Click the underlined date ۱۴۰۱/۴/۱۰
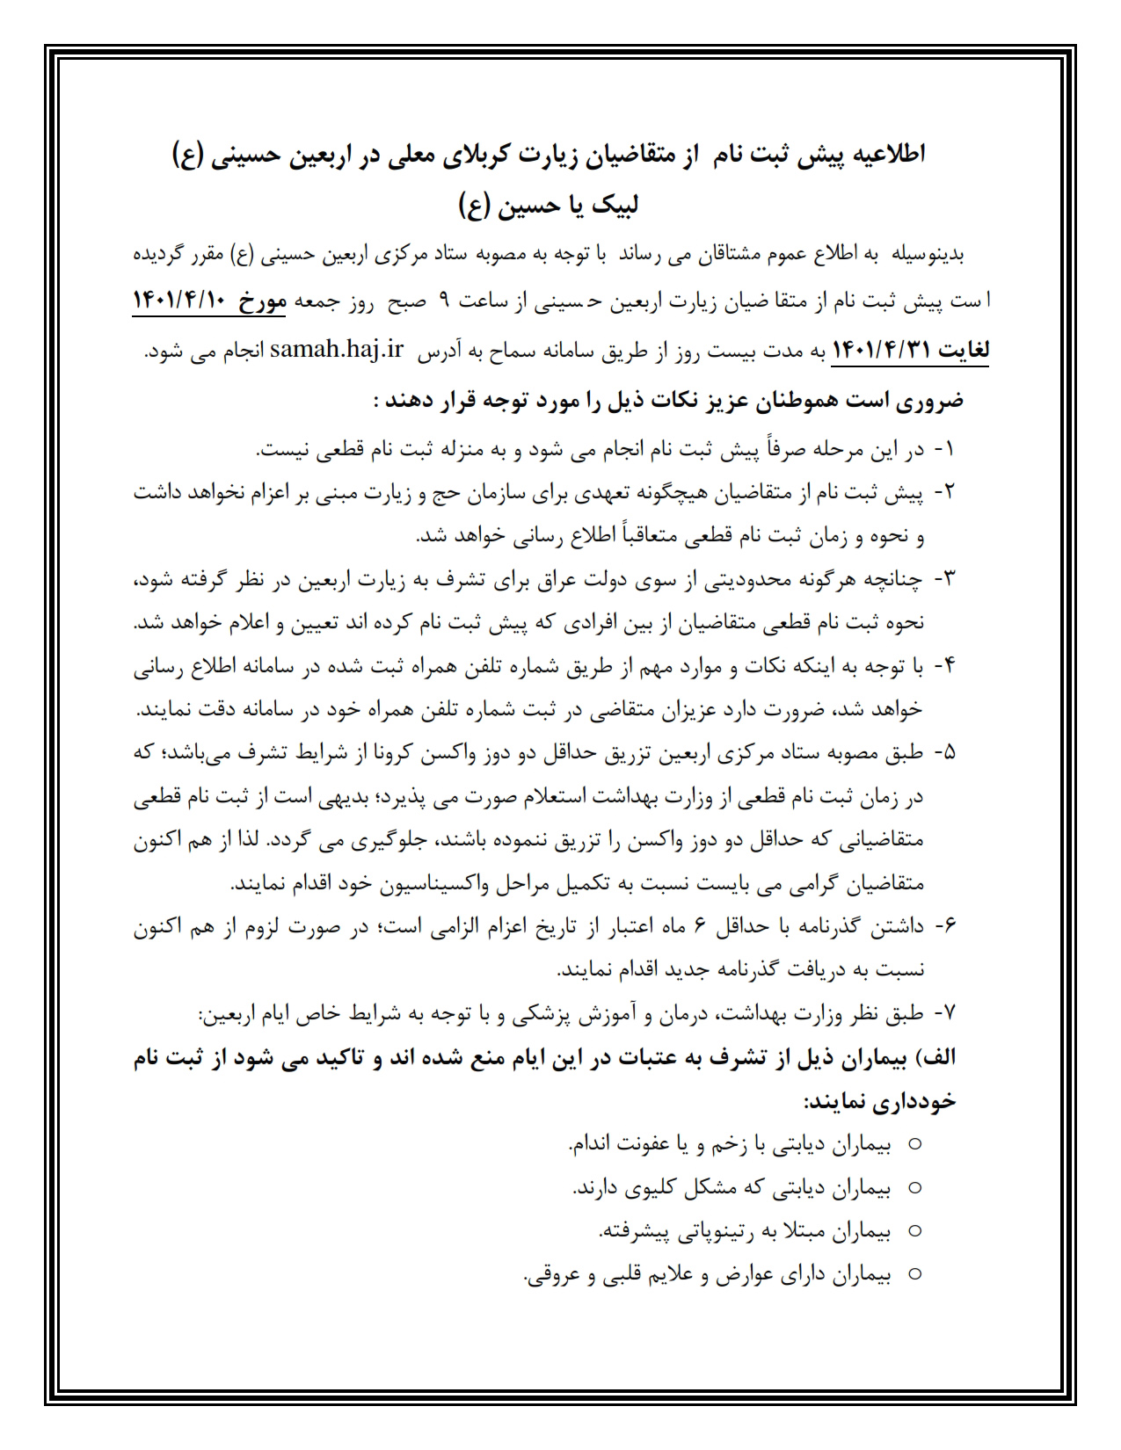click(179, 301)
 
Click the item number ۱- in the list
click(943, 450)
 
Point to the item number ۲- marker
click(943, 493)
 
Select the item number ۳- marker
click(943, 580)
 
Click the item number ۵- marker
click(943, 754)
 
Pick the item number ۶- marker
click(943, 927)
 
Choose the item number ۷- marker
click(943, 1014)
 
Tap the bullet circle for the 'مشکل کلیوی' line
click(914, 1188)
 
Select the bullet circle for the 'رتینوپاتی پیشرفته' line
click(914, 1231)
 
